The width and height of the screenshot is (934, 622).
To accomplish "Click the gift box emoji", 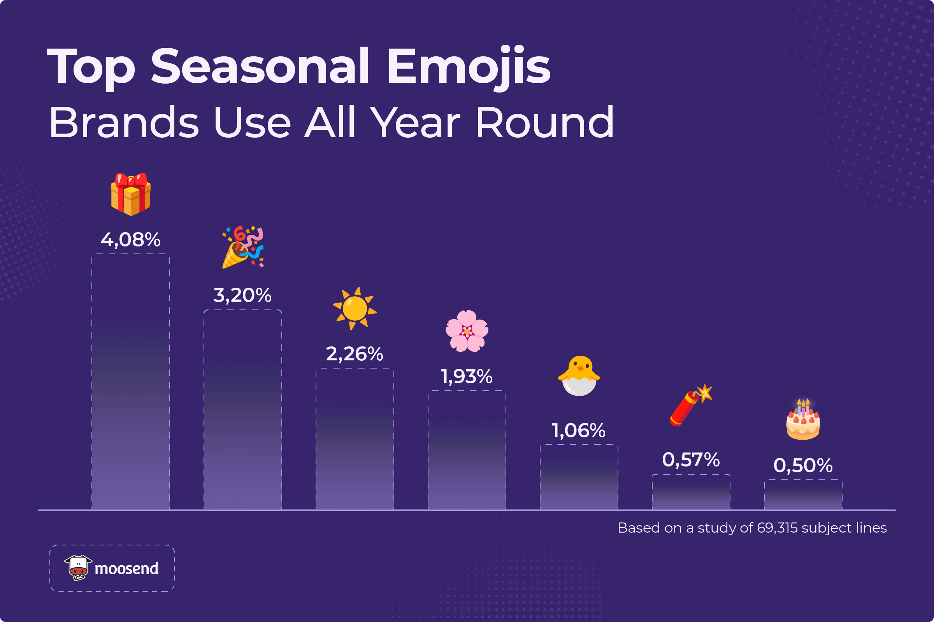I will [131, 194].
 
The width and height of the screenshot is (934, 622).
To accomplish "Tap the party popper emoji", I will [242, 247].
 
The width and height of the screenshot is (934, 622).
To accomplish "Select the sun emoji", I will [355, 309].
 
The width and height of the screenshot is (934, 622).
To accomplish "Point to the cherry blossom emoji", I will [467, 331].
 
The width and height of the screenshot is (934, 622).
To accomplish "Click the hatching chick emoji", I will [579, 376].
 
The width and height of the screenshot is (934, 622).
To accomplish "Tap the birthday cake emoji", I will [803, 420].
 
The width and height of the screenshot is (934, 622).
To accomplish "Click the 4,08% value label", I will [131, 239].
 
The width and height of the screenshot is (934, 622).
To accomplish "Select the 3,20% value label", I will [242, 295].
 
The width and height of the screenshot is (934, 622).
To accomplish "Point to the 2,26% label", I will [355, 354].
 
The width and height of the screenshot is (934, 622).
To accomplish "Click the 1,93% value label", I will [467, 376].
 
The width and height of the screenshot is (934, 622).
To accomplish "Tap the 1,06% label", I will [579, 430].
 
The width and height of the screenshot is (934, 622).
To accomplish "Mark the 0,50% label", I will [803, 465].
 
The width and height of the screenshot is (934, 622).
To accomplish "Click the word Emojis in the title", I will [469, 66].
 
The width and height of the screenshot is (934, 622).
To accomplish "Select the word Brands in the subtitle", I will [123, 122].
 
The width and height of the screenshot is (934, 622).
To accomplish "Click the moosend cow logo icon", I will [78, 568].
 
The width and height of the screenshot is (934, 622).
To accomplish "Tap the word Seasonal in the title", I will [260, 66].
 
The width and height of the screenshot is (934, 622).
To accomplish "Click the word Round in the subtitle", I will [544, 122].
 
